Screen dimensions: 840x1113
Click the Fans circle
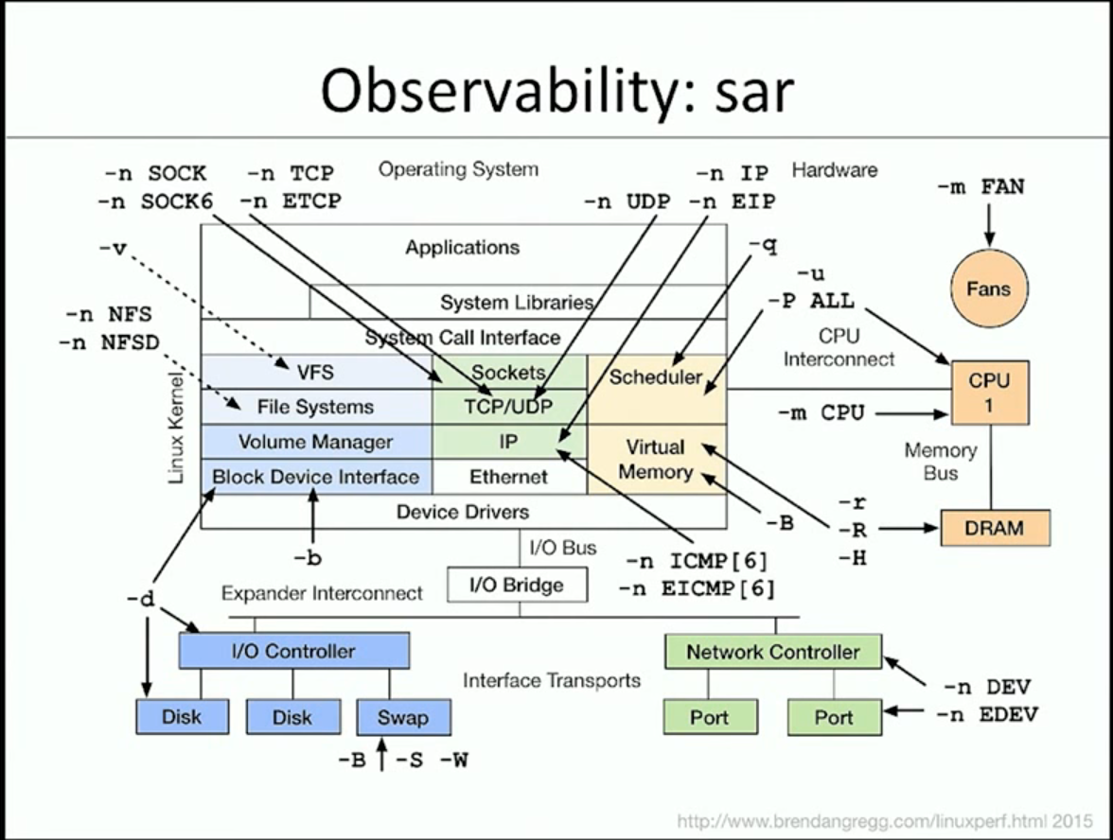[988, 289]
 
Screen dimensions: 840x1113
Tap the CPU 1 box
[989, 391]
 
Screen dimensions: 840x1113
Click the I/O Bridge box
[517, 585]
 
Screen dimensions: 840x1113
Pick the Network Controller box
[772, 652]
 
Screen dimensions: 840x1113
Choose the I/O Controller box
[293, 651]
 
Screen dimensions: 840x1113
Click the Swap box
[403, 717]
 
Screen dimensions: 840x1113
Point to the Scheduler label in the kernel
[655, 377]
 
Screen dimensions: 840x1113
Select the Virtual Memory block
[656, 459]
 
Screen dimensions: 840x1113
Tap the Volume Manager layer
[315, 442]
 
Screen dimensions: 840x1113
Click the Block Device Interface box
[315, 477]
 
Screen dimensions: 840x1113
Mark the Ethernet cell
[509, 477]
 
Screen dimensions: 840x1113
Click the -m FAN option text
[980, 187]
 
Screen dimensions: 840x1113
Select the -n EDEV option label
[986, 714]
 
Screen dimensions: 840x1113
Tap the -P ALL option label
[810, 302]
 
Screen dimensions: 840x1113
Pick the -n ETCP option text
[291, 201]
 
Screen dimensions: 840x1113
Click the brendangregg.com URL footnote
[885, 819]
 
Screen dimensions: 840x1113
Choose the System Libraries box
[517, 303]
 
